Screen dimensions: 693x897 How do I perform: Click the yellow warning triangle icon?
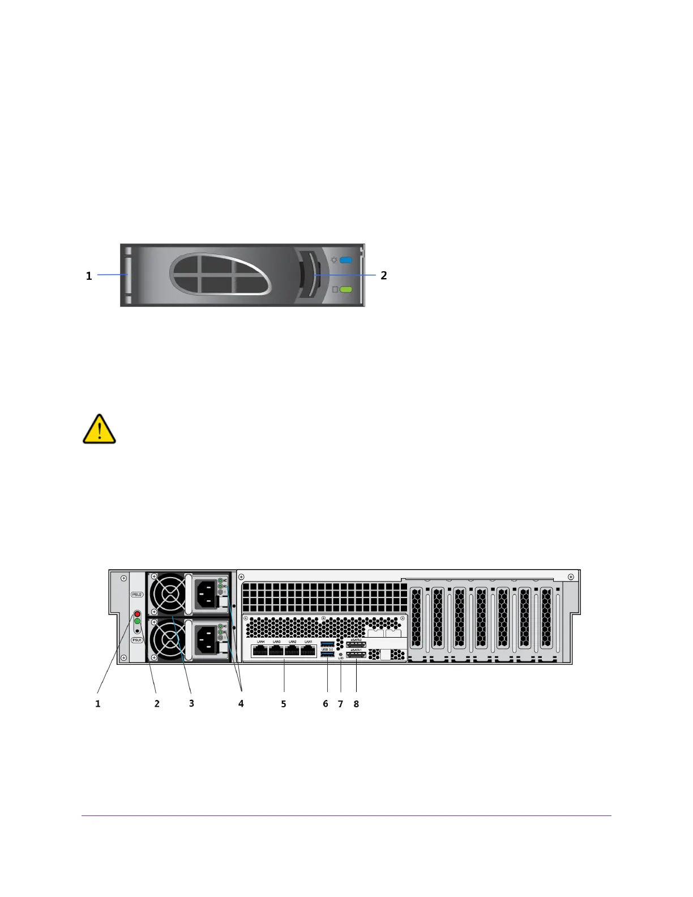[100, 429]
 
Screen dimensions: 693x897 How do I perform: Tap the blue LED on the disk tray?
[346, 260]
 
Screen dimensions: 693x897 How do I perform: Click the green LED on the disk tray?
[346, 289]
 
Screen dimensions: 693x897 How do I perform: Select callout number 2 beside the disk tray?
[384, 275]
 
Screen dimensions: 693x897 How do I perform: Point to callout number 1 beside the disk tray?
[89, 276]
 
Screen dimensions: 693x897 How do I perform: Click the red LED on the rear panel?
[137, 614]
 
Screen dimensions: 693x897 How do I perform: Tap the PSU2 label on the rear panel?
[137, 595]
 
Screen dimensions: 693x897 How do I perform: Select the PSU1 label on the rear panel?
[137, 640]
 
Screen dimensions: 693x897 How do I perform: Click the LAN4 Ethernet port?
[261, 651]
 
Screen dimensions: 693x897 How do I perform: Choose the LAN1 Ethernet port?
[308, 651]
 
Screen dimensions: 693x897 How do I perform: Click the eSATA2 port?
[356, 644]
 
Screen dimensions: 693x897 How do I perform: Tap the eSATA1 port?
[356, 655]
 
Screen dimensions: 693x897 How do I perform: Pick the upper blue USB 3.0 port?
[328, 644]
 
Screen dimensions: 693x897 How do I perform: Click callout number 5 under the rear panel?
[284, 704]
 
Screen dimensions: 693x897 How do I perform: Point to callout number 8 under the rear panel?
[356, 704]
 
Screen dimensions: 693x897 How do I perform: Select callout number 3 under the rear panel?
[191, 703]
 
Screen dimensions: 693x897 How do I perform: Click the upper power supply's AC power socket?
[206, 594]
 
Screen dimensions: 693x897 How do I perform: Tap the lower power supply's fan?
[168, 639]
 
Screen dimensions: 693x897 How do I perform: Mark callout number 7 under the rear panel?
[340, 704]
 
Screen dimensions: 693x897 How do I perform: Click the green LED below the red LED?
[137, 621]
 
